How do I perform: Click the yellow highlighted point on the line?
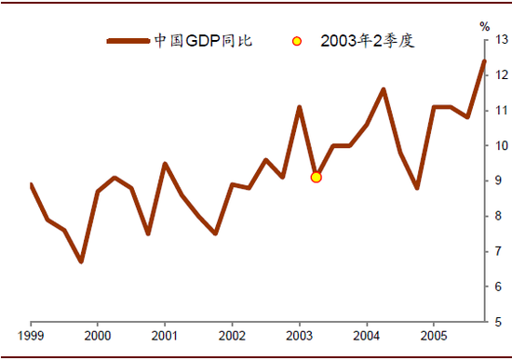[317, 177]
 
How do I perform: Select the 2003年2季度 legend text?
[365, 41]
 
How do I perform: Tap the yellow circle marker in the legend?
[296, 41]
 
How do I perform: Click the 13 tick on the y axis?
[500, 40]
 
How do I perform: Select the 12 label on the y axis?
[500, 75]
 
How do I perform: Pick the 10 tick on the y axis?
[500, 146]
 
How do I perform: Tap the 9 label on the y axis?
[500, 181]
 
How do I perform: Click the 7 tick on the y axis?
[500, 252]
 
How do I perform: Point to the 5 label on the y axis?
[500, 322]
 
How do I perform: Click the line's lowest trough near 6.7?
[81, 261]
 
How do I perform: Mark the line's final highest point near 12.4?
[484, 61]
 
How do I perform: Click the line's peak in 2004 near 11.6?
[384, 89]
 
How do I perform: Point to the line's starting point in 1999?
[31, 184]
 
